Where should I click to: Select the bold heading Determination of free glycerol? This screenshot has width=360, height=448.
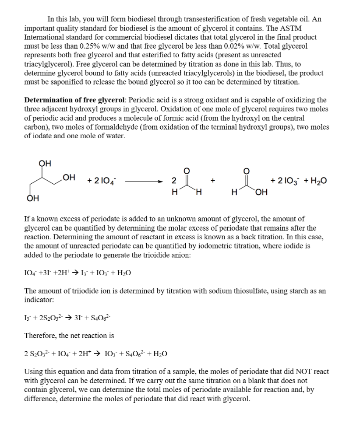tap(75, 100)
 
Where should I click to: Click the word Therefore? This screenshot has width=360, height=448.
tap(40, 336)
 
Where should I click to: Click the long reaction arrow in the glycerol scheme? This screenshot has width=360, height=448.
tap(144, 181)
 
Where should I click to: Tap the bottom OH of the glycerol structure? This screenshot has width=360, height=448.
tap(32, 199)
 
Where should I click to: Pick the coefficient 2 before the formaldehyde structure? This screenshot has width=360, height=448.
tap(173, 181)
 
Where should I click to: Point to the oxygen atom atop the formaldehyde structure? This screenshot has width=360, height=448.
tap(185, 170)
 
